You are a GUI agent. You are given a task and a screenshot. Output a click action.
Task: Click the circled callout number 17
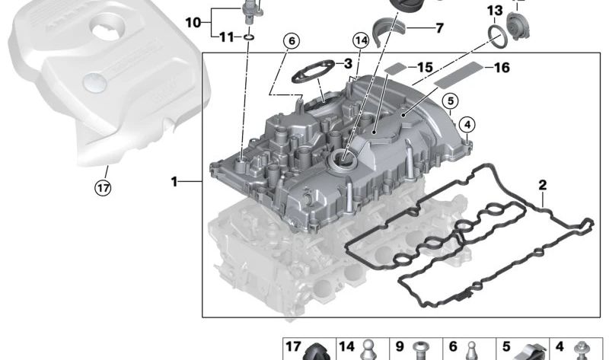tap(102, 187)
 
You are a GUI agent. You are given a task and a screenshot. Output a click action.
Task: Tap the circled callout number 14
tap(361, 41)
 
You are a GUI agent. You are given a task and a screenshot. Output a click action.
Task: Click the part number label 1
tap(175, 182)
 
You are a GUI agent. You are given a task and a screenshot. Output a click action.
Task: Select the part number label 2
tap(542, 184)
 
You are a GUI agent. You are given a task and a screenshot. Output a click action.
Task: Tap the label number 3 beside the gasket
tap(348, 64)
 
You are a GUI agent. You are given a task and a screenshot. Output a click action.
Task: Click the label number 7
tap(439, 29)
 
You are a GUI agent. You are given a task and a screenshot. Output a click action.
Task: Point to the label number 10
tap(193, 23)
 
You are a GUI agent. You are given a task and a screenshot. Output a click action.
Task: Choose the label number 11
tap(226, 37)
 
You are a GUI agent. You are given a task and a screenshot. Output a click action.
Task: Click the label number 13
tap(495, 11)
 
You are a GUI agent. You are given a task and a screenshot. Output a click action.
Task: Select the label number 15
tap(425, 68)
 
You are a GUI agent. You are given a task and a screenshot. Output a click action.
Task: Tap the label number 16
tap(502, 68)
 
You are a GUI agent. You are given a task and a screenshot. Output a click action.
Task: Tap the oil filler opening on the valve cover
tap(340, 158)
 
